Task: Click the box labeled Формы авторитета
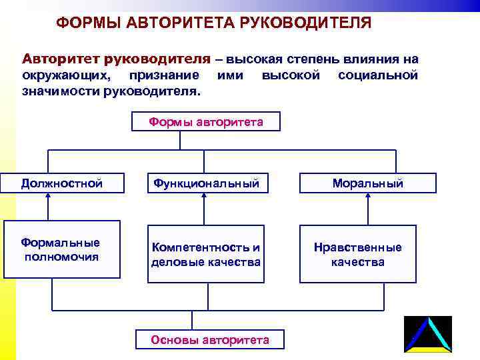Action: coord(206,121)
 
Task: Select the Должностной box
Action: coord(61,183)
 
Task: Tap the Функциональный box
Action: coord(206,183)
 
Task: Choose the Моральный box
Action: coord(368,183)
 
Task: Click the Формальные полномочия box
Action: coord(61,249)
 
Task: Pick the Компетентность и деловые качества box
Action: coord(206,254)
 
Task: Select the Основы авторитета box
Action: coord(210,340)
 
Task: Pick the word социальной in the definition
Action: coord(378,75)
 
